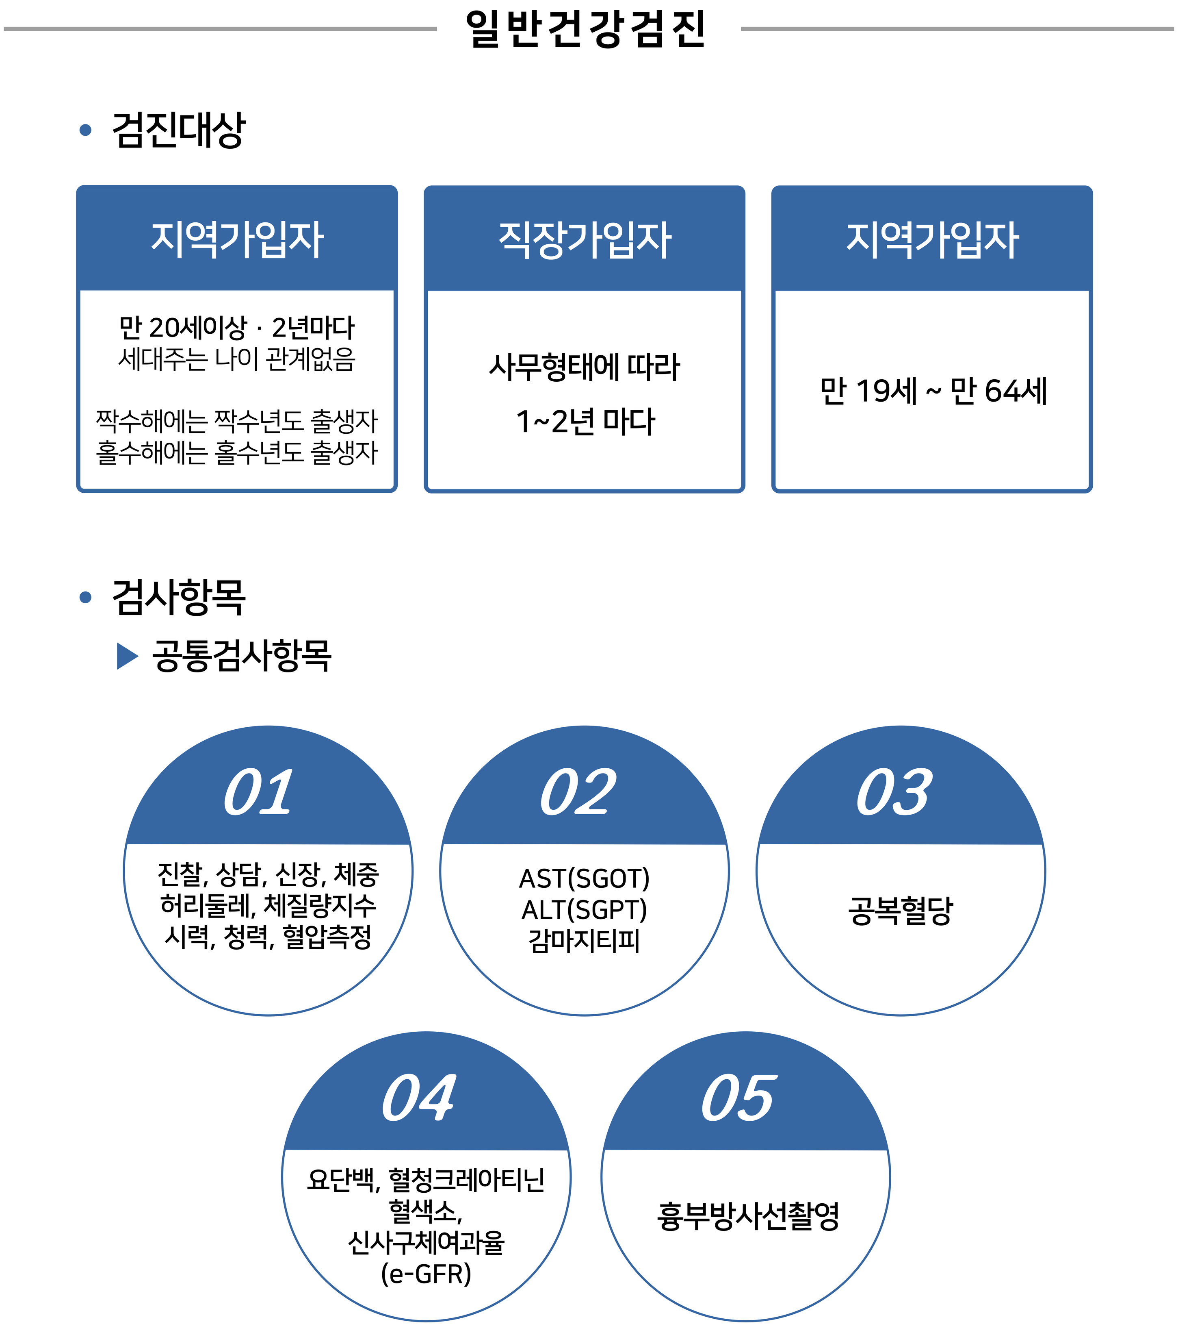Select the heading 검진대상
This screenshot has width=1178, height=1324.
click(x=179, y=130)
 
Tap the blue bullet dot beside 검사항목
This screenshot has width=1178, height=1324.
click(x=85, y=597)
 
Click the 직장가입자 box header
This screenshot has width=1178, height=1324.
click(x=585, y=239)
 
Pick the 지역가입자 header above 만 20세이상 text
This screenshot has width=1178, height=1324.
click(x=237, y=239)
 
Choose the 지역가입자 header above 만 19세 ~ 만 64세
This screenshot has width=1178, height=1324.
click(x=932, y=239)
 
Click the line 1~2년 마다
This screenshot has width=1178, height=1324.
click(x=585, y=422)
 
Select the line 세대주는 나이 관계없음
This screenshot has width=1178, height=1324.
click(x=237, y=359)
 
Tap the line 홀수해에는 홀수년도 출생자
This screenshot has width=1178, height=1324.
click(x=237, y=452)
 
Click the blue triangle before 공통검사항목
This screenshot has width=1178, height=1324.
click(x=127, y=656)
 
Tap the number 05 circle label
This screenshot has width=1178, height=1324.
click(x=738, y=1098)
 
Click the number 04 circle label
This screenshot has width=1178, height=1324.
click(x=419, y=1098)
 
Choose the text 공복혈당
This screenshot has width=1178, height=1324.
click(x=900, y=910)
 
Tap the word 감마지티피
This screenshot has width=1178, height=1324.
click(x=585, y=941)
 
